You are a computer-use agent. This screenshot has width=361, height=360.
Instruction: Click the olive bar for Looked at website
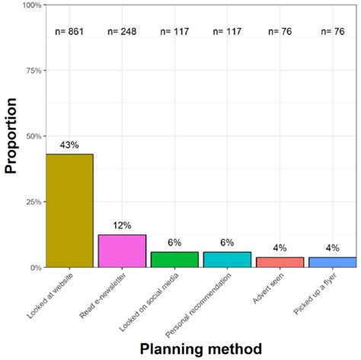click(69, 211)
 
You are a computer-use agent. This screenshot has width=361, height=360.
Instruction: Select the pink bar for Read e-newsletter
click(122, 251)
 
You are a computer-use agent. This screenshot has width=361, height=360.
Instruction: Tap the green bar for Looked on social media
click(174, 260)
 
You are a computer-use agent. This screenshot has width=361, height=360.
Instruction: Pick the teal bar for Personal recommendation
click(227, 260)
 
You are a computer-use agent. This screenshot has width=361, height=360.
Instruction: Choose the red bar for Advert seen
click(280, 263)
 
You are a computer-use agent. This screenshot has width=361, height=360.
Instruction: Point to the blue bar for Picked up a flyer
click(332, 263)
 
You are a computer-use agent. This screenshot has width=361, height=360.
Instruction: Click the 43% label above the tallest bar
click(69, 145)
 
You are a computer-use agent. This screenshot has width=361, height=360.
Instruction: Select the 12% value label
click(122, 225)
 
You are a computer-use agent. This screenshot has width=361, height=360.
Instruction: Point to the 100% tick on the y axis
click(30, 5)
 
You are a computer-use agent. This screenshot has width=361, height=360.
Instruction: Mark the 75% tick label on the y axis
click(32, 71)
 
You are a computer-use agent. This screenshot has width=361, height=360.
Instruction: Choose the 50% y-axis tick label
click(32, 136)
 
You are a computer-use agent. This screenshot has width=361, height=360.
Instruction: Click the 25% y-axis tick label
click(32, 202)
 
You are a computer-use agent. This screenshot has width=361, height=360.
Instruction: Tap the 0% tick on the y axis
click(34, 268)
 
